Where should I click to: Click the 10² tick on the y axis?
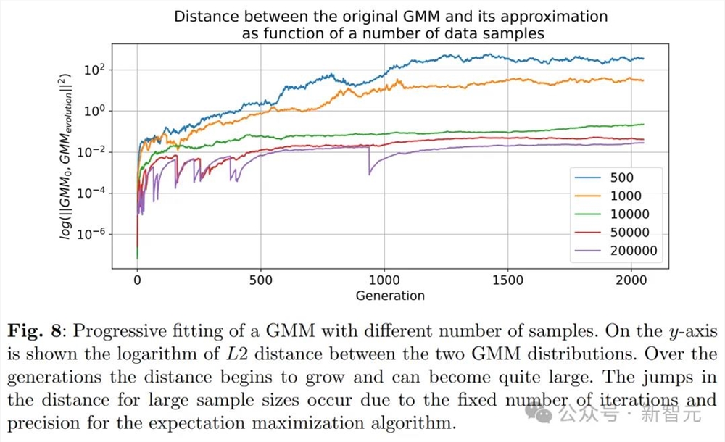pyautogui.click(x=96, y=70)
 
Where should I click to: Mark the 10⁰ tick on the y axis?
pyautogui.click(x=96, y=111)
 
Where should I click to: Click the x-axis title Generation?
pyautogui.click(x=390, y=295)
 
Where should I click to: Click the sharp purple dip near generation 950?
pyautogui.click(x=370, y=172)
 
